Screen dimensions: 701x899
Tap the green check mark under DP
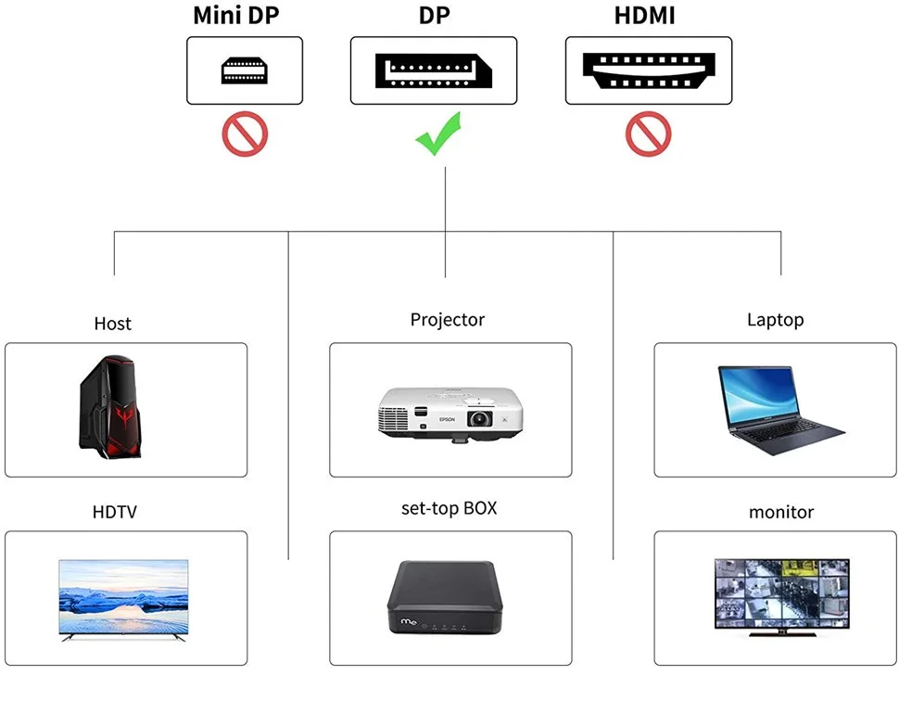pyautogui.click(x=437, y=134)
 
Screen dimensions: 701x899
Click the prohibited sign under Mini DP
pyautogui.click(x=245, y=134)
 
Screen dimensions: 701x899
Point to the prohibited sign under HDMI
pyautogui.click(x=649, y=134)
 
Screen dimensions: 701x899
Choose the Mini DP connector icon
pyautogui.click(x=245, y=70)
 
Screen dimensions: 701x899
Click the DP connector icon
pyautogui.click(x=433, y=70)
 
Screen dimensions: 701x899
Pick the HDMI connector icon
pyautogui.click(x=649, y=70)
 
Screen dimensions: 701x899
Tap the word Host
pyautogui.click(x=112, y=324)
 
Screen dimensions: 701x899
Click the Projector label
pyautogui.click(x=448, y=320)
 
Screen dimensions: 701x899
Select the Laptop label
pyautogui.click(x=775, y=320)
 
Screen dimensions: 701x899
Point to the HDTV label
pyautogui.click(x=115, y=512)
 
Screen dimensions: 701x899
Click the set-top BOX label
pyautogui.click(x=449, y=508)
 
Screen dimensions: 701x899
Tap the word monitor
pyautogui.click(x=781, y=512)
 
